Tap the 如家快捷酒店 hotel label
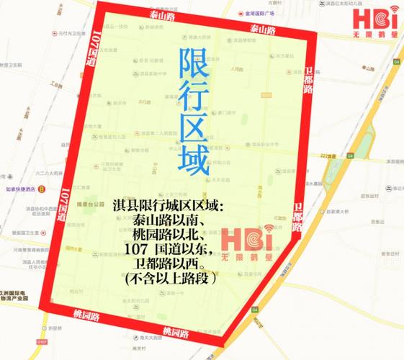(20, 189)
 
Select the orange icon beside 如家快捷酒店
(42, 189)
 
